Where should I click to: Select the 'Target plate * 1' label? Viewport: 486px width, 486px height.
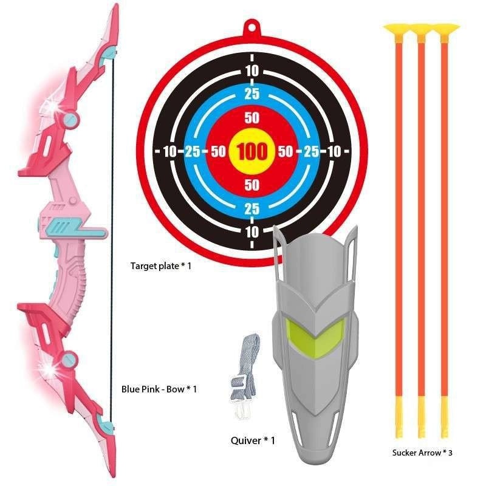161,265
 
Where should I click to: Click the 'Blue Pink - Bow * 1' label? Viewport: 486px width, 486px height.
159,389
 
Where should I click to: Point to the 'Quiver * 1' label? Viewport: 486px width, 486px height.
253,440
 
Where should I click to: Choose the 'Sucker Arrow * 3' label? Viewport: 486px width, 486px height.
422,452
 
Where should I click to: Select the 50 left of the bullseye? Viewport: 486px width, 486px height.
218,151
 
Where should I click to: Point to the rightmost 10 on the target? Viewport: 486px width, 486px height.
335,151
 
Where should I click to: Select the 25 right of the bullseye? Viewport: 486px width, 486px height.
310,151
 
